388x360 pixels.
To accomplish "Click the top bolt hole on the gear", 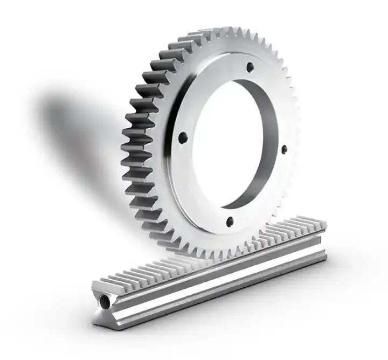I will pyautogui.click(x=250, y=67).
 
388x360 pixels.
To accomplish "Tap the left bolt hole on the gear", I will pyautogui.click(x=183, y=138).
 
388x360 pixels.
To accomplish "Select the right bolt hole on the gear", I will pyautogui.click(x=284, y=149).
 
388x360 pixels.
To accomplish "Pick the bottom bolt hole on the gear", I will pyautogui.click(x=230, y=220).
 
